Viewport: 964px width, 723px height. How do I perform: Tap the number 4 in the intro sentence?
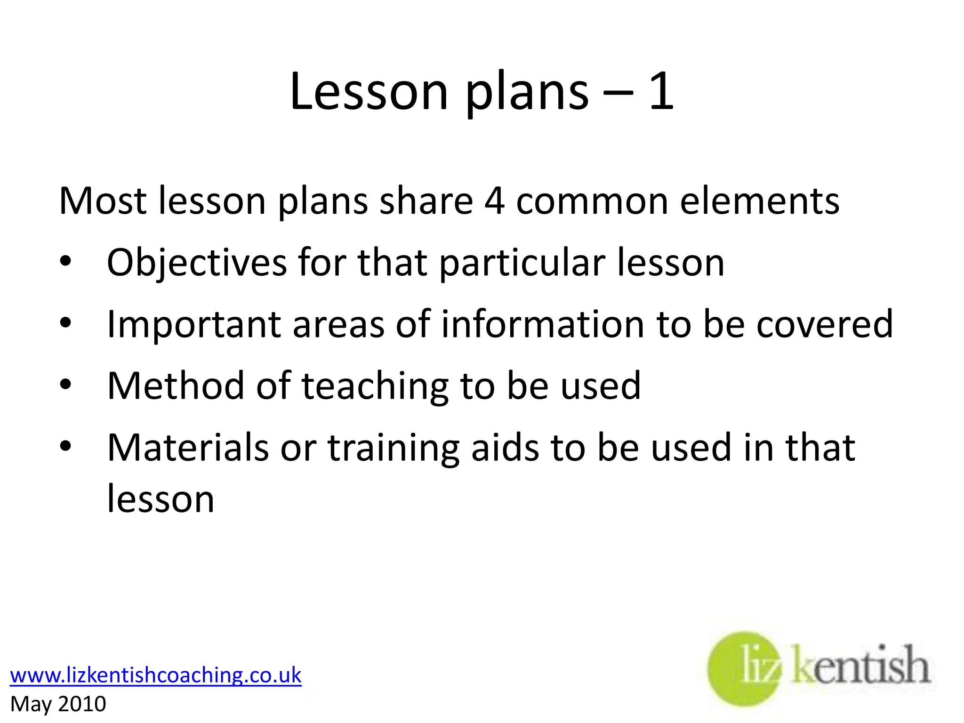click(x=494, y=201)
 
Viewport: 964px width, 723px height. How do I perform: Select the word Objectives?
click(x=197, y=263)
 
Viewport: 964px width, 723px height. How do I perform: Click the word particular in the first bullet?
click(x=522, y=263)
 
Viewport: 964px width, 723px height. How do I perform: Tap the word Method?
click(x=176, y=386)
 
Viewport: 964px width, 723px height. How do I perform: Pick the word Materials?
click(x=188, y=448)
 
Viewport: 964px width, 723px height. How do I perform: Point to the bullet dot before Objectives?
click(x=65, y=262)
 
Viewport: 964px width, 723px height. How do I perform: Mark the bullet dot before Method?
click(x=65, y=385)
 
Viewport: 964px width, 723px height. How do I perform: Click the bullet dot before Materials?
click(x=65, y=447)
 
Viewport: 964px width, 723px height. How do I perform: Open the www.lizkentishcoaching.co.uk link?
click(x=155, y=675)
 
